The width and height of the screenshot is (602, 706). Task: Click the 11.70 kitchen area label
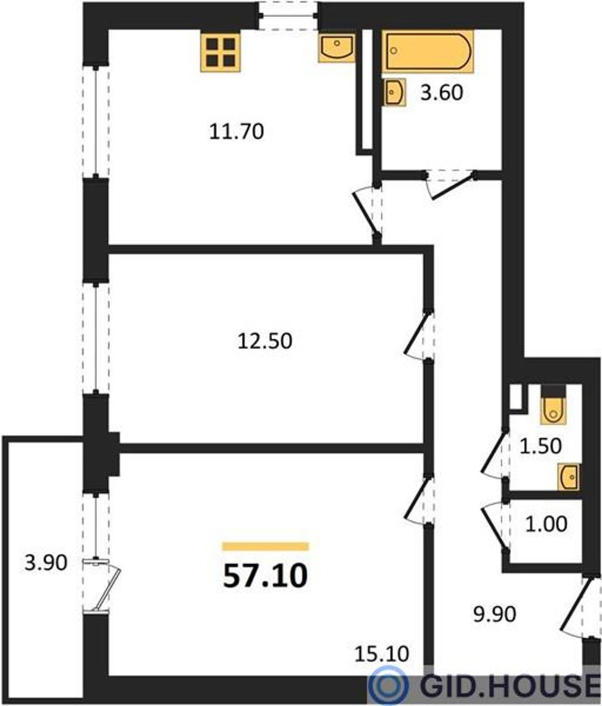(236, 131)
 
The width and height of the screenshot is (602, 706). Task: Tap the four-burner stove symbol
(221, 52)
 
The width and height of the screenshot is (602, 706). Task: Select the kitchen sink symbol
(336, 48)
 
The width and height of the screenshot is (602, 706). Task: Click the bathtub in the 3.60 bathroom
(428, 51)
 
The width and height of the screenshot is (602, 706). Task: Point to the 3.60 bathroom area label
(442, 93)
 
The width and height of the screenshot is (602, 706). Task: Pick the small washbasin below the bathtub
(395, 92)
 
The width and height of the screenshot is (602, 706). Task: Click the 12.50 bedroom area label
(265, 341)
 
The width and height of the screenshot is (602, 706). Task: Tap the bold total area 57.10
(266, 575)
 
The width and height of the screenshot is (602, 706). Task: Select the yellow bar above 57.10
(266, 547)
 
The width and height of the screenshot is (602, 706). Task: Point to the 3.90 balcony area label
(46, 563)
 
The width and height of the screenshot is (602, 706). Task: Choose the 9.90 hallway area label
(494, 614)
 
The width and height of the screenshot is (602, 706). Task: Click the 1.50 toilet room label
(541, 446)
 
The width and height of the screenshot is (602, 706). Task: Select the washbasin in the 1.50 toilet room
(568, 476)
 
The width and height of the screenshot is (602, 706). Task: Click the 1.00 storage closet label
(546, 524)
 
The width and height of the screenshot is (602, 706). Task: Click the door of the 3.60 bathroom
(450, 184)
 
